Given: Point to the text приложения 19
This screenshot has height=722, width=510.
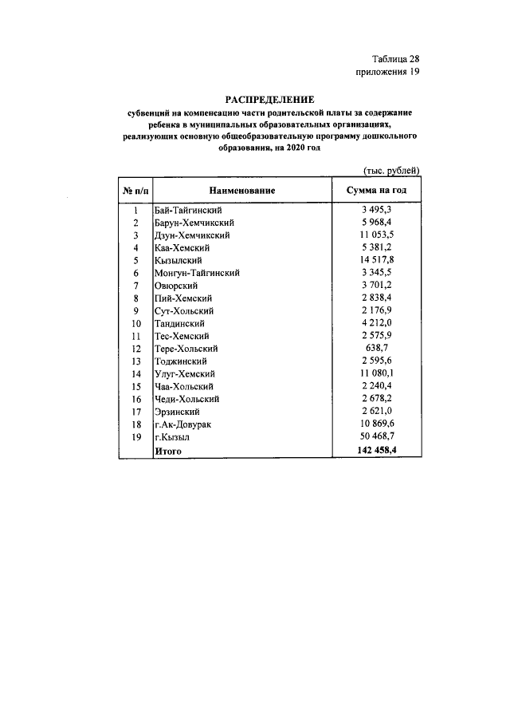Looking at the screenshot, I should pos(387,73).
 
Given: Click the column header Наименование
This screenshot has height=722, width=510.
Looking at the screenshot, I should pos(242,191).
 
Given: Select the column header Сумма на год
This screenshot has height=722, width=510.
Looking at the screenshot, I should pos(376,191).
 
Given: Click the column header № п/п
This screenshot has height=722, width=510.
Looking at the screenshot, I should pos(135,191).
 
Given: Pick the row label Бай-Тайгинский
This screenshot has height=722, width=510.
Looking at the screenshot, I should pos(186,210).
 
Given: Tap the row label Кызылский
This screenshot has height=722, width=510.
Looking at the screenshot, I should pos(178,261).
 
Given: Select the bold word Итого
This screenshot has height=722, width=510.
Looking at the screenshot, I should pos(168,451).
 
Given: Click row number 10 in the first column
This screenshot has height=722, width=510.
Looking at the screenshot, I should pos(135,324).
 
